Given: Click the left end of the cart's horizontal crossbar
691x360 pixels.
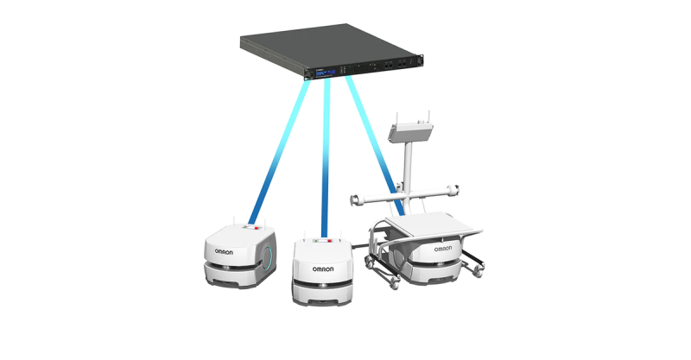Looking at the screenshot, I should point(355,199).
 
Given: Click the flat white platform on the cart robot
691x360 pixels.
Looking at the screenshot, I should point(432,225).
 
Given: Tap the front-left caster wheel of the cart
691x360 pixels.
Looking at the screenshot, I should point(394,279).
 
